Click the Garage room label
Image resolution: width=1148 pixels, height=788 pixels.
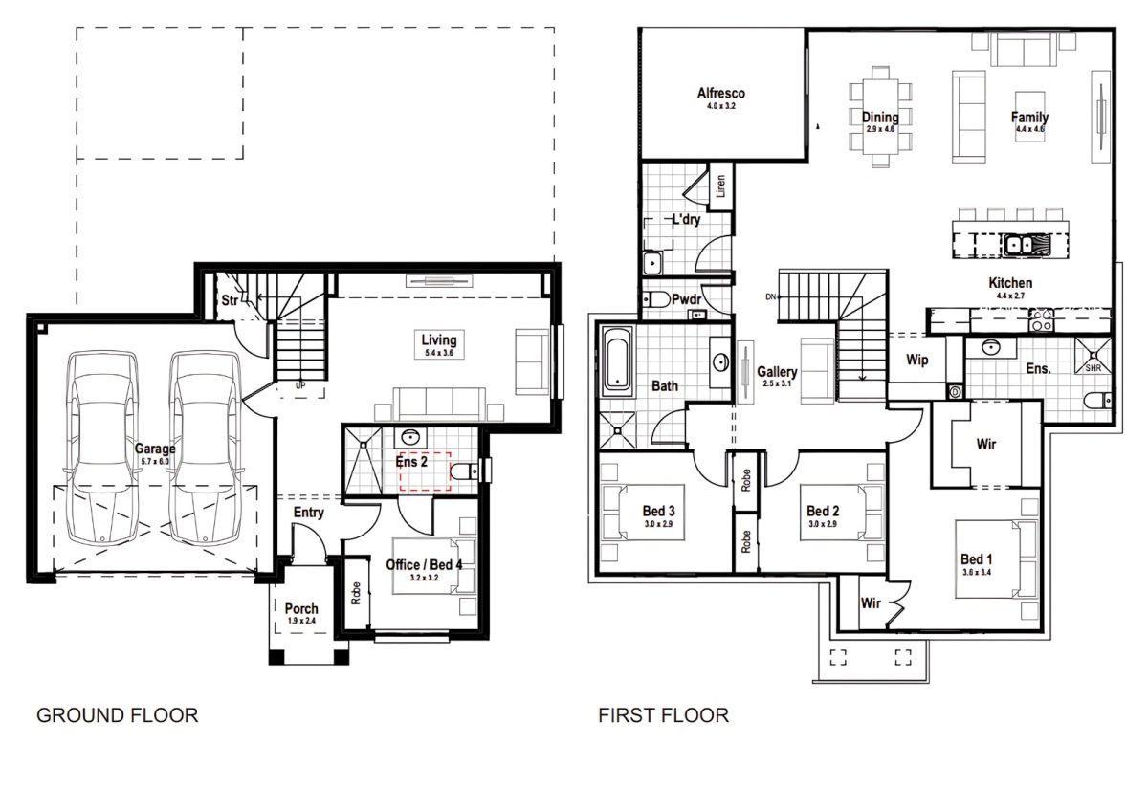(153, 447)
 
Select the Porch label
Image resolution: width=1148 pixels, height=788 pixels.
(301, 609)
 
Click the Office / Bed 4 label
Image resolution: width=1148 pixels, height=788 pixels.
(424, 565)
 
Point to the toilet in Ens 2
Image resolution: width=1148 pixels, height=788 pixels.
(464, 471)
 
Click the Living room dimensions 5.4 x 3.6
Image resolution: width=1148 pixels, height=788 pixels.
(439, 354)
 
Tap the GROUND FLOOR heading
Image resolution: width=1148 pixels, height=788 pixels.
(117, 715)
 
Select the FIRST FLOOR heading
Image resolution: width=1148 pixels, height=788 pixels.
(663, 715)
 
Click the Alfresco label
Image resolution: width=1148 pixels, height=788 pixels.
(720, 94)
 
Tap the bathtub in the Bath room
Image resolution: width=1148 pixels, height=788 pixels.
(619, 361)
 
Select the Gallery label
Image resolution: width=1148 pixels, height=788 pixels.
(777, 371)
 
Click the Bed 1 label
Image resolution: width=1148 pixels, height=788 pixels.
(977, 559)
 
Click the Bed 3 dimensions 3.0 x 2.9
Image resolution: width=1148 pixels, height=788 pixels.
(658, 524)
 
